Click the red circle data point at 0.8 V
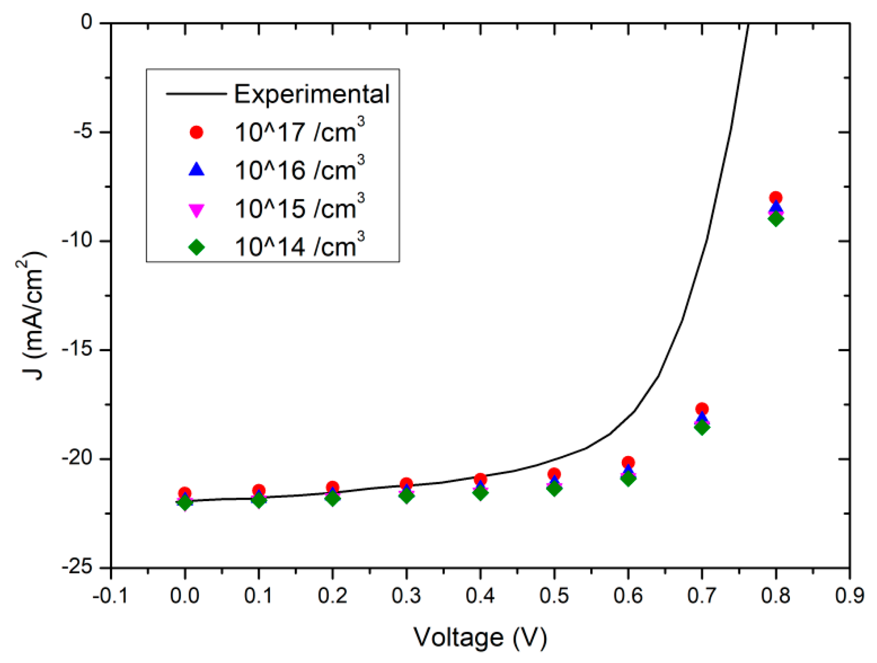coord(775,197)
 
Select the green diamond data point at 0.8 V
coord(775,219)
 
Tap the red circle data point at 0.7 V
coord(702,409)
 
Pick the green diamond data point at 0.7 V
coord(702,427)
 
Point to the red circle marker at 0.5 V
coord(554,473)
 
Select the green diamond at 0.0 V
coord(185,503)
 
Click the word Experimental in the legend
coord(312,94)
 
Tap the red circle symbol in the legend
coord(197,132)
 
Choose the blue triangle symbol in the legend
coord(197,170)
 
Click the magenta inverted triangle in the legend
coord(197,210)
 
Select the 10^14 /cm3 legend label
coord(299,247)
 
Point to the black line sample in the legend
coord(197,94)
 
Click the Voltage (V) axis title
coord(480,637)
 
